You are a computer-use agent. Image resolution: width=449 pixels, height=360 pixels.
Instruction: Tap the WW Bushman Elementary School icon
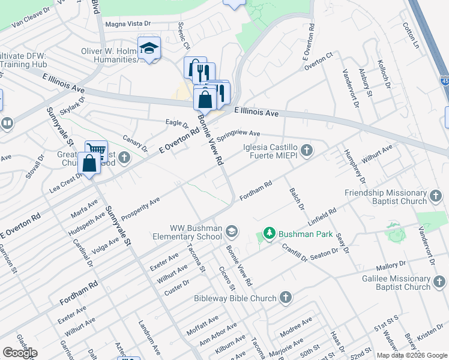point(232,230)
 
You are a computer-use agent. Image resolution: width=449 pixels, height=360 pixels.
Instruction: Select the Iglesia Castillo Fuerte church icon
point(307,149)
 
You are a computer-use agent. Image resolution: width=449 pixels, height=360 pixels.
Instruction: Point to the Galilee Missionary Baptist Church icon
point(439,281)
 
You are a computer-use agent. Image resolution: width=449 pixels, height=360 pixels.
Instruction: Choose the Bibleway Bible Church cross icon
point(285,298)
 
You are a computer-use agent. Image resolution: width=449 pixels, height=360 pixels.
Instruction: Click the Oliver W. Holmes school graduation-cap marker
point(148,48)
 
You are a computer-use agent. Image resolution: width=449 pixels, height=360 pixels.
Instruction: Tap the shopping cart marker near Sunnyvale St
point(96,150)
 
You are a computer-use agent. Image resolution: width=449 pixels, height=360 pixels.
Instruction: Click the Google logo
point(20,353)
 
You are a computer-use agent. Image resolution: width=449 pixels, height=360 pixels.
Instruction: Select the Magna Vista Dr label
point(128,24)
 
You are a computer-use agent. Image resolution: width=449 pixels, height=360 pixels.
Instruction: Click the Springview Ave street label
point(238,135)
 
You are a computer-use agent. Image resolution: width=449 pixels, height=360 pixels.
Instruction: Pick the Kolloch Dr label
point(384,74)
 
